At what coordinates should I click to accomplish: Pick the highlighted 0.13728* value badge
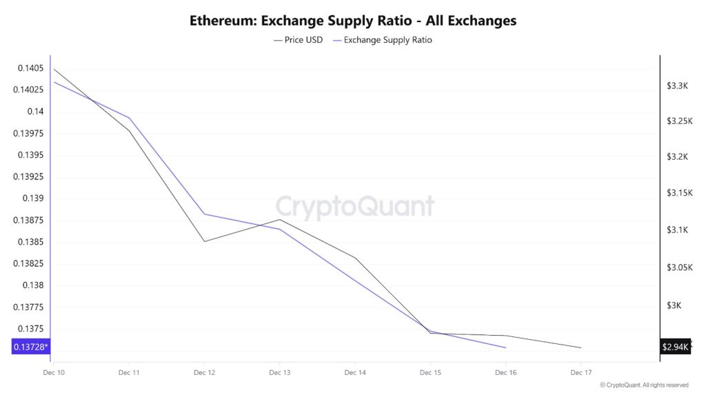(31, 347)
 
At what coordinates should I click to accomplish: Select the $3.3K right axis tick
(677, 86)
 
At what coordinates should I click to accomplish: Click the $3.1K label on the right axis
(677, 230)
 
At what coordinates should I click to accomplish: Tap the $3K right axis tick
(677, 305)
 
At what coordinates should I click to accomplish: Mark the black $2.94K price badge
(675, 347)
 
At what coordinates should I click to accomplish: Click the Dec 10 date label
(53, 373)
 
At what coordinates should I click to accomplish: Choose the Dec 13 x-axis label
(279, 373)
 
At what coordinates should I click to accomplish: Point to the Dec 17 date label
(581, 373)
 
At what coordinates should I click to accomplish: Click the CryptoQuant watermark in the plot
(355, 206)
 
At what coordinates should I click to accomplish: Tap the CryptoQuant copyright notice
(644, 385)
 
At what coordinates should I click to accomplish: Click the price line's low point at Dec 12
(205, 241)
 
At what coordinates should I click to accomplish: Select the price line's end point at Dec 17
(581, 347)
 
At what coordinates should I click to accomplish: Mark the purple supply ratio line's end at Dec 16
(506, 347)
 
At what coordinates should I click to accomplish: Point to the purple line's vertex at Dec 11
(129, 118)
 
